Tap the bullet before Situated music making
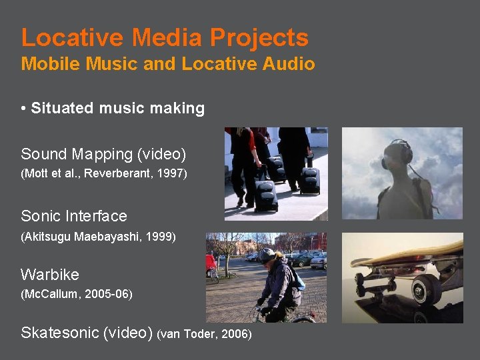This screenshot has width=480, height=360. click(23, 109)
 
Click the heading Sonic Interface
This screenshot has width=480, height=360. click(74, 216)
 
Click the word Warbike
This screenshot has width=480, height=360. click(50, 275)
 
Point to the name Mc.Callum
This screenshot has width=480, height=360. click(50, 294)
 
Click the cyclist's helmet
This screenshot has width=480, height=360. click(267, 254)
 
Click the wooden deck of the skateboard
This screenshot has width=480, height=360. click(407, 254)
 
